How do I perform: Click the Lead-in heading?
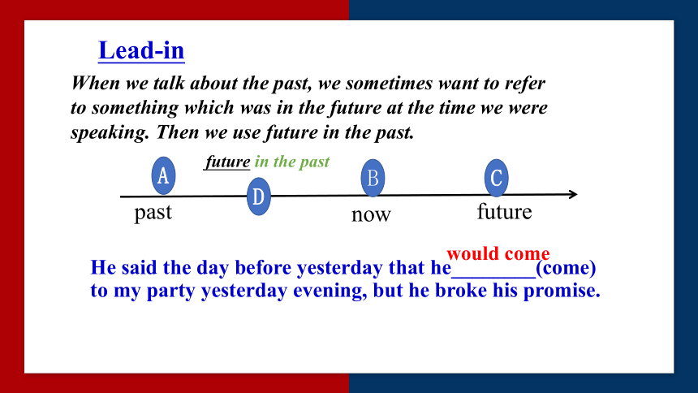point(141,50)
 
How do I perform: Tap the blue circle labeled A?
point(163,175)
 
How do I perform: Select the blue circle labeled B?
point(373,178)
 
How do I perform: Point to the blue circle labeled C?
point(497,178)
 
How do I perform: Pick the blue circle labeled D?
point(259,196)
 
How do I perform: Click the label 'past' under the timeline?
point(153,213)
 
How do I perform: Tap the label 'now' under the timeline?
point(371,215)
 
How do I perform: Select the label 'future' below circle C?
point(504,211)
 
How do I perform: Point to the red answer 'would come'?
point(498,253)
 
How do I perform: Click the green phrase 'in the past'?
point(292,162)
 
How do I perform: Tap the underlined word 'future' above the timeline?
point(227,162)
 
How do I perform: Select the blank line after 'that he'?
point(493,277)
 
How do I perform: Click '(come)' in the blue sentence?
point(566,268)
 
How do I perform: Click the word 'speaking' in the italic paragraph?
point(110,133)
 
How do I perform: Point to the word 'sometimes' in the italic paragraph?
point(389,84)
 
